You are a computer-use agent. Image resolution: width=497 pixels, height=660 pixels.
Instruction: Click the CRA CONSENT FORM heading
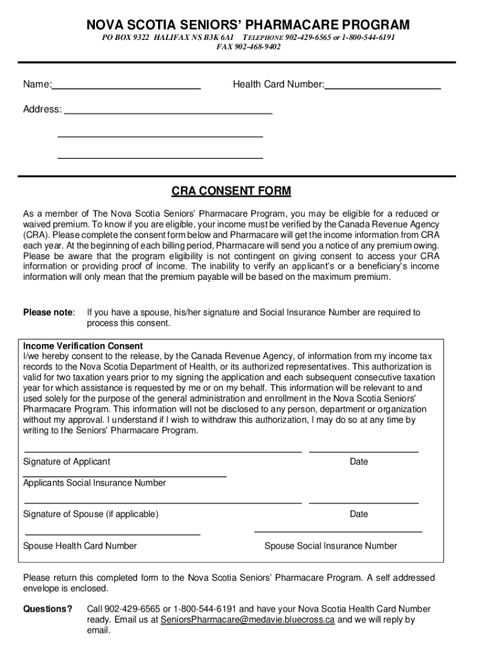click(231, 191)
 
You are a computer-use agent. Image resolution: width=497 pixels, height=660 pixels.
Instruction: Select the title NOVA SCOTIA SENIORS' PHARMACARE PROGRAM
click(249, 25)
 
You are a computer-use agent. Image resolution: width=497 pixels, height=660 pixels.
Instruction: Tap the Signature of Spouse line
click(163, 502)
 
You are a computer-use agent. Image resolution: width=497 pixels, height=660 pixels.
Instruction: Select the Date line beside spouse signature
click(363, 502)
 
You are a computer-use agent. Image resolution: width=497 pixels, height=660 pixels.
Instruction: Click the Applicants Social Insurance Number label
click(94, 483)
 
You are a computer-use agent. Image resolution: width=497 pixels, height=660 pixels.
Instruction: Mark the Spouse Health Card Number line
click(112, 534)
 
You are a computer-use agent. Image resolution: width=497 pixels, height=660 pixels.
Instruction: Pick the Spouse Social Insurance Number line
click(338, 532)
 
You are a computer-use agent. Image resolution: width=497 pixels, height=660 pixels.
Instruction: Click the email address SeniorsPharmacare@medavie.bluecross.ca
click(247, 620)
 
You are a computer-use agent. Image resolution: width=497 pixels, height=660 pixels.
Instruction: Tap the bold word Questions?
click(48, 609)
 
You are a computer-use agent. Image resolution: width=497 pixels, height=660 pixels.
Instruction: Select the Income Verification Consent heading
click(83, 346)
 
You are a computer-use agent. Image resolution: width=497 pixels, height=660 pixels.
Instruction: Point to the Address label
click(43, 110)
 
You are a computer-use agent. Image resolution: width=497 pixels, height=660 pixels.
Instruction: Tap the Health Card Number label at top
click(278, 84)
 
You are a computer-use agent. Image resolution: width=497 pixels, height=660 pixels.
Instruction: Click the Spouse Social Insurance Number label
click(331, 546)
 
